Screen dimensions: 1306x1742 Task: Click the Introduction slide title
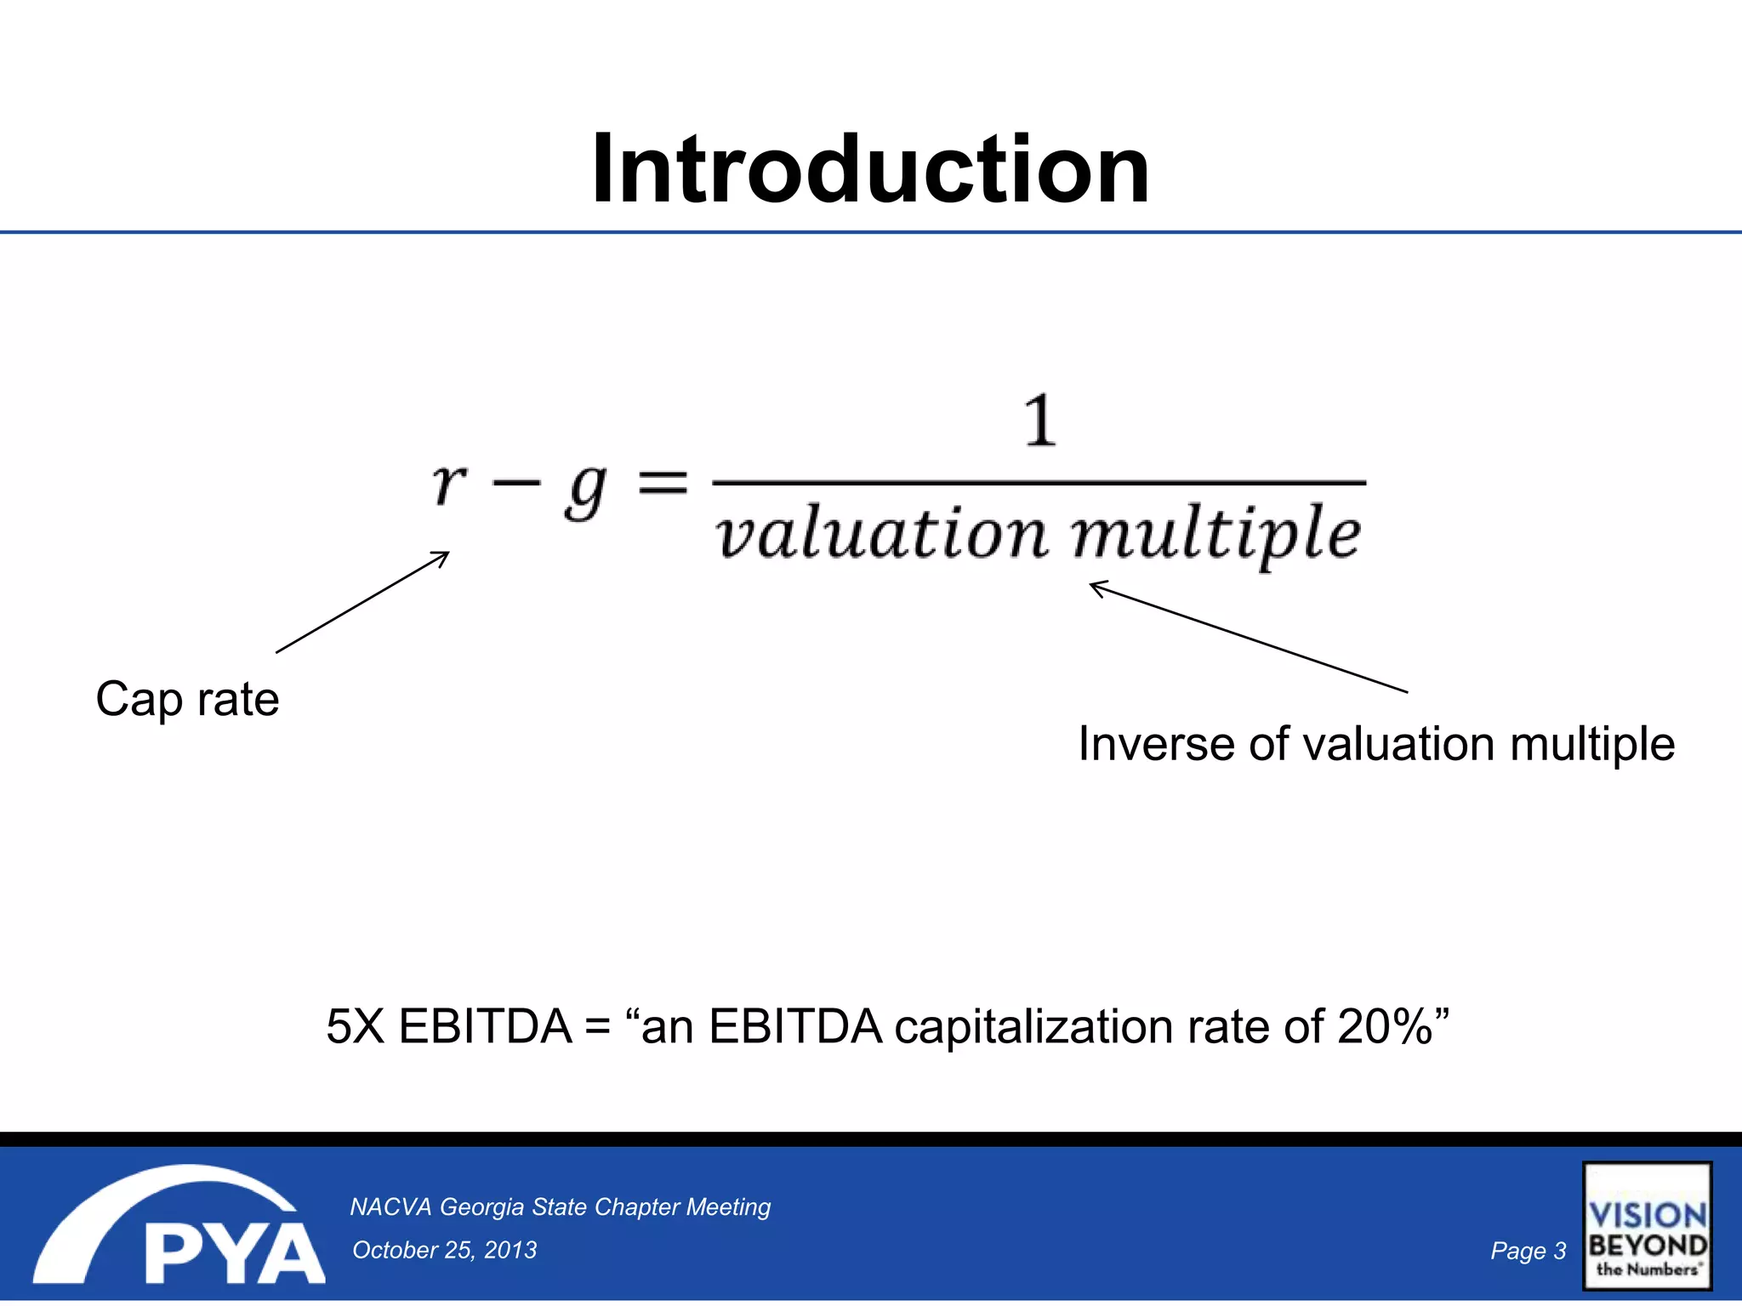tap(870, 170)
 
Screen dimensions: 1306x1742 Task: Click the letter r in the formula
tap(449, 486)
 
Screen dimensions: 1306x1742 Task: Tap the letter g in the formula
tap(586, 491)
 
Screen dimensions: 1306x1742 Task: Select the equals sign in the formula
tap(663, 485)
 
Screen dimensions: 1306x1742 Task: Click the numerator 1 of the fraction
tap(1039, 421)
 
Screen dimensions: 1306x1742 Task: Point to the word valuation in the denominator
tap(881, 534)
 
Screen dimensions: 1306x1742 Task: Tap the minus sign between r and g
tap(516, 483)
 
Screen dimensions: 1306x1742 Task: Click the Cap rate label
tap(187, 700)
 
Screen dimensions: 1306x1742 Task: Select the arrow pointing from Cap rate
tap(362, 602)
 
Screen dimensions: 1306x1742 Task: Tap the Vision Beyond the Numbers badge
tap(1647, 1226)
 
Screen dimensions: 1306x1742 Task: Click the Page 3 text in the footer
tap(1528, 1251)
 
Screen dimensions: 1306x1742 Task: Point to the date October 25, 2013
tap(444, 1250)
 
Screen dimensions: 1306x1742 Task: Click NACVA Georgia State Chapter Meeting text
tap(560, 1207)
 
